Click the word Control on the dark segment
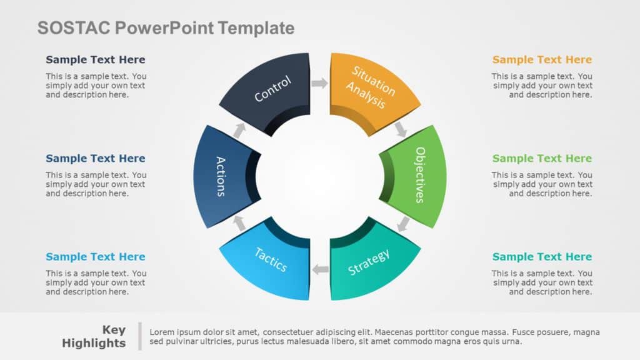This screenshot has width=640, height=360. (x=272, y=89)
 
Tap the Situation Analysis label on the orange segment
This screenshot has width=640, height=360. (x=371, y=87)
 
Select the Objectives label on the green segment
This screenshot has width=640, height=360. (x=420, y=174)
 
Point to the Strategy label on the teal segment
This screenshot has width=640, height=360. (x=369, y=262)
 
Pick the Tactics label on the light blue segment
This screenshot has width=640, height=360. (x=271, y=259)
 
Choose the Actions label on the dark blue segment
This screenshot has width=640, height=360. (x=221, y=176)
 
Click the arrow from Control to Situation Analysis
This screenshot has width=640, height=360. (x=319, y=83)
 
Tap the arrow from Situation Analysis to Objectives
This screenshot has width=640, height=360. (x=401, y=129)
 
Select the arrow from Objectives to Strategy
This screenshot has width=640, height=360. (x=404, y=223)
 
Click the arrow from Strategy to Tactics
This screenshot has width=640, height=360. (x=321, y=269)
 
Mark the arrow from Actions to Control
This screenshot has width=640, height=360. (x=239, y=129)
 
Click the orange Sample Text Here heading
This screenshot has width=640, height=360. (x=542, y=60)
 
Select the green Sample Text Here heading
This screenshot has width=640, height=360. (x=542, y=159)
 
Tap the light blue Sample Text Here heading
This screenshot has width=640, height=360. (x=95, y=257)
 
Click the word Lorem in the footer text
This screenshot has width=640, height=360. (x=161, y=332)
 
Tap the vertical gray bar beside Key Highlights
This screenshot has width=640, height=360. (x=140, y=336)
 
